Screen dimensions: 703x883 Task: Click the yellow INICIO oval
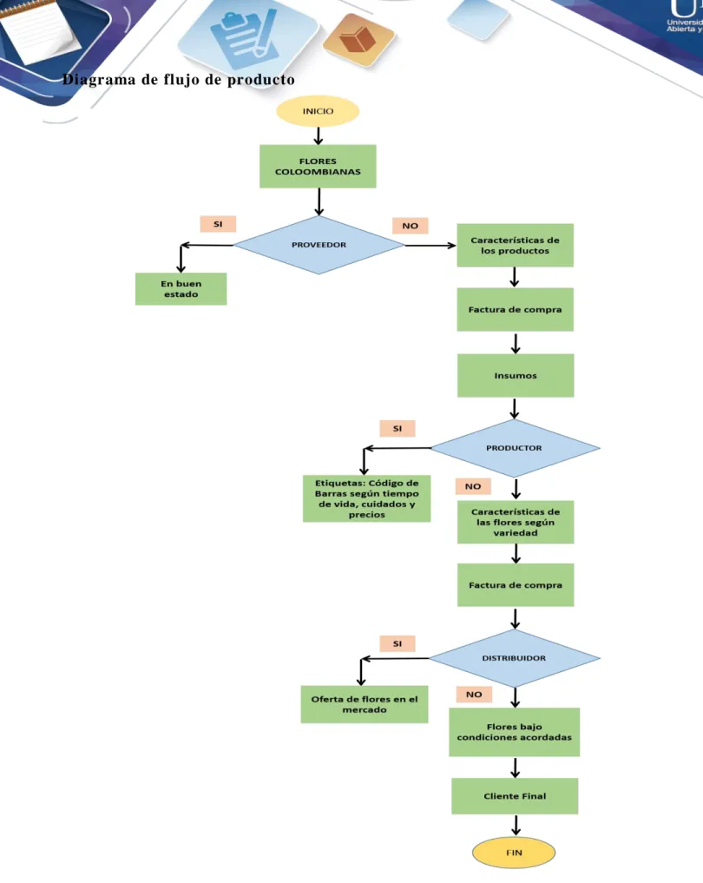[318, 111]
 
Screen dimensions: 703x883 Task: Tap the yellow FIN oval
[514, 853]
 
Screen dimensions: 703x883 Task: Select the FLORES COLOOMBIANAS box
[318, 166]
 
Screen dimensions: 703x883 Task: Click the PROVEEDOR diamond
[319, 245]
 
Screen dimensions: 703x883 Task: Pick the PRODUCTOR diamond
[515, 448]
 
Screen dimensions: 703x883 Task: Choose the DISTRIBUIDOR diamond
[514, 658]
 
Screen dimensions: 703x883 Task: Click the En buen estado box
[181, 289]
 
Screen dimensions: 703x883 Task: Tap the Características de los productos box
[515, 245]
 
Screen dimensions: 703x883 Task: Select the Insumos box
[516, 376]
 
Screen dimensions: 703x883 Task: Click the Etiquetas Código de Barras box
[366, 498]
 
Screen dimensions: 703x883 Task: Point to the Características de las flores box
[516, 522]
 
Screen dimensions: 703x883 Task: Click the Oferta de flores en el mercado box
[365, 704]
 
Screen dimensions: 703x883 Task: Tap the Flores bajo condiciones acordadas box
[515, 732]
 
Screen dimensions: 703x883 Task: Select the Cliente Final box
[515, 795]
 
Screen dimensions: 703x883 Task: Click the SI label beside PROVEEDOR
[218, 224]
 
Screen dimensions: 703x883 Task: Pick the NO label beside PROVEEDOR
[410, 226]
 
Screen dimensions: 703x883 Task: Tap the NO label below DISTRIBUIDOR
[473, 695]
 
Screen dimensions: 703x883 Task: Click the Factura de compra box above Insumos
[515, 309]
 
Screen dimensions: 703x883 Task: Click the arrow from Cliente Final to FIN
[516, 825]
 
